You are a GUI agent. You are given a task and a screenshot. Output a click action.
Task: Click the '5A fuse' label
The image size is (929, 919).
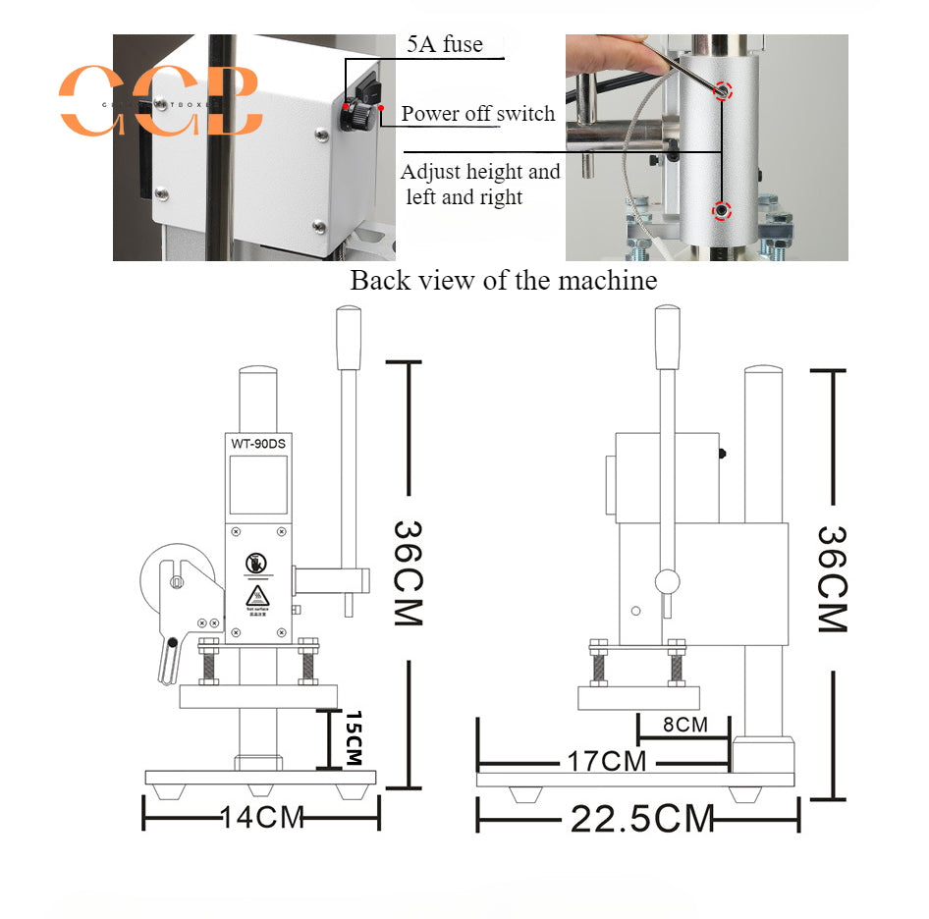pos(445,44)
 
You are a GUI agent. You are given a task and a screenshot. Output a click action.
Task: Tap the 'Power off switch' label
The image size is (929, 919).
pos(477,114)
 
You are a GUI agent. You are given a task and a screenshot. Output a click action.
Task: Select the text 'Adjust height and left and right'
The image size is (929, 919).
pos(480,184)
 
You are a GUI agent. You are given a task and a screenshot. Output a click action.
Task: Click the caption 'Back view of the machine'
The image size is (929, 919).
pos(503,281)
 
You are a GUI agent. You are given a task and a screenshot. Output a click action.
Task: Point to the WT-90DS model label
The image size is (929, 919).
pos(258,443)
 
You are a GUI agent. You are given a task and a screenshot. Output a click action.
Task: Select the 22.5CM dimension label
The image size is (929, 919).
pos(642,817)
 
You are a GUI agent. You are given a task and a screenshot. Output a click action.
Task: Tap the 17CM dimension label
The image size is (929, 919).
pos(605,760)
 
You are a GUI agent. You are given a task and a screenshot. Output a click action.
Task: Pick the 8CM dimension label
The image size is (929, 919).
pos(684,726)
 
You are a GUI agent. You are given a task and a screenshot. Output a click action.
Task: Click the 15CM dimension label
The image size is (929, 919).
pos(354,738)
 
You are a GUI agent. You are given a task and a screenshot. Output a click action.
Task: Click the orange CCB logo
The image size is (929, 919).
pos(162,100)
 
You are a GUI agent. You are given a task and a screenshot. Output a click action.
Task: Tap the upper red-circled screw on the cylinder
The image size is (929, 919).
pos(722,91)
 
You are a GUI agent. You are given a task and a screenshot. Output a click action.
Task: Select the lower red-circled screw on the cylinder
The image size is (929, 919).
pos(722,210)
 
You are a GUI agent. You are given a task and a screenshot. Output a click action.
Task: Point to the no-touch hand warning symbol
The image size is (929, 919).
pos(256,564)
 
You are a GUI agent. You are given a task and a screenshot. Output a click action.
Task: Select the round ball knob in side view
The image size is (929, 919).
pos(667,582)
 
